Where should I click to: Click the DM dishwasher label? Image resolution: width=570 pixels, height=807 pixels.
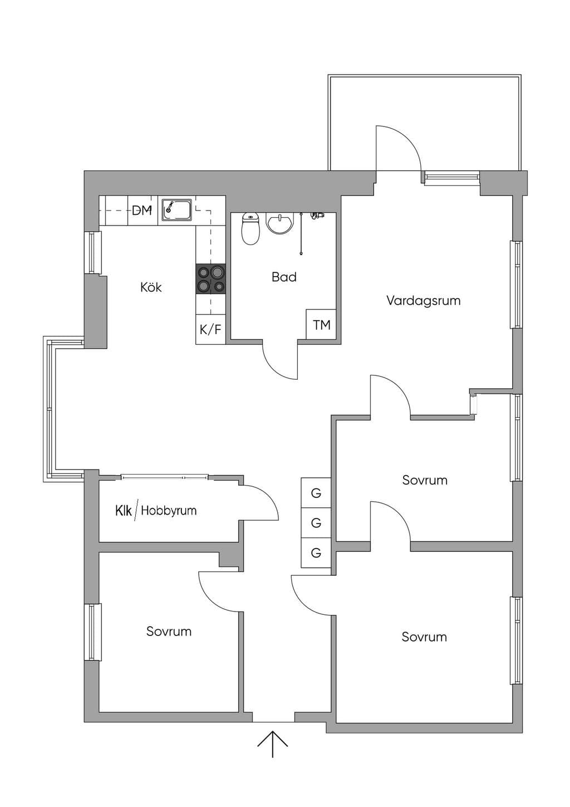click(142, 211)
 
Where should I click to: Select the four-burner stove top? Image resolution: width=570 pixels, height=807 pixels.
click(210, 279)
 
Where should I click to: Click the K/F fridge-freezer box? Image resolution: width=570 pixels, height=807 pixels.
click(210, 329)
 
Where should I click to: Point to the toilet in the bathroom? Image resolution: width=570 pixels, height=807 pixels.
click(250, 229)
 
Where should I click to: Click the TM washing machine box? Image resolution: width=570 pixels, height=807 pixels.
click(321, 324)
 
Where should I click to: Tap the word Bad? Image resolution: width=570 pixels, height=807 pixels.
click(284, 277)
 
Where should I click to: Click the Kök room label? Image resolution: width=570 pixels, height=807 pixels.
click(151, 287)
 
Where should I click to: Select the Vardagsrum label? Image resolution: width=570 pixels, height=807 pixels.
click(424, 300)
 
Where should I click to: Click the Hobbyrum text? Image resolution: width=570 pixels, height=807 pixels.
click(169, 511)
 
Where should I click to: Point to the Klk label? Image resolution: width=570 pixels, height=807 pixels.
click(123, 511)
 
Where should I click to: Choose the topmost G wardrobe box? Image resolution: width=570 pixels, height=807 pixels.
click(316, 492)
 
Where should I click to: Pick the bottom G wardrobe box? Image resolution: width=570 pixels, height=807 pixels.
click(316, 552)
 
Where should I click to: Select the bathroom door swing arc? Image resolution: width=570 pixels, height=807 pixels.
click(276, 369)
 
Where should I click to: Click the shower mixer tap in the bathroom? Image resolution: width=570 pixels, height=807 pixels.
click(317, 216)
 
